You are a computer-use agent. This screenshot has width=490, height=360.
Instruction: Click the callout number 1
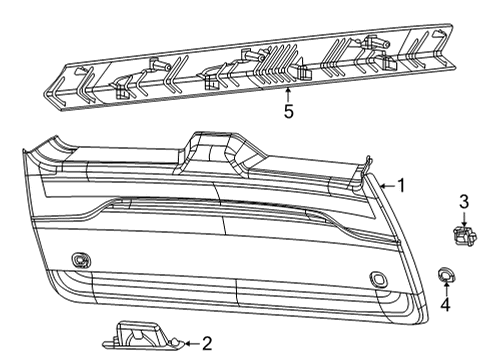401,185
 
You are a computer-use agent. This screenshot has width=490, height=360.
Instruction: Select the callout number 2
207,344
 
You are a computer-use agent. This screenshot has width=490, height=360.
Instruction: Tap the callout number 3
464,203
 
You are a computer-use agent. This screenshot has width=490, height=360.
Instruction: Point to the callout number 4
446,303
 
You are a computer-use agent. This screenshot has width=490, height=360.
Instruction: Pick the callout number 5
289,111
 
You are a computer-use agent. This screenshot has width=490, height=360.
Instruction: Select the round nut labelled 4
445,273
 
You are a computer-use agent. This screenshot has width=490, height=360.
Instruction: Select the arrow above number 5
289,94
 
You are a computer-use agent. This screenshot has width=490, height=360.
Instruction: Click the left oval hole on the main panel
79,260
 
